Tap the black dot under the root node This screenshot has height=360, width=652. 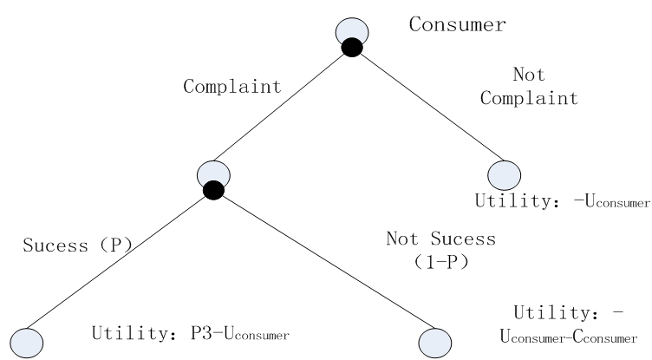coord(351,49)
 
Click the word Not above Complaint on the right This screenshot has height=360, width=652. coord(529,76)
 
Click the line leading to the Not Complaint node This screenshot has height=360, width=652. coord(429,108)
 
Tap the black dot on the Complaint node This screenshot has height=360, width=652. coord(213,190)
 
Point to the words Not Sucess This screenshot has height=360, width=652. coord(440,239)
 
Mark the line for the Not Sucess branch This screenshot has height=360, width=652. coord(321,265)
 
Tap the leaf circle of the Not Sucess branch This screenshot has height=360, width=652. coord(434,341)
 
